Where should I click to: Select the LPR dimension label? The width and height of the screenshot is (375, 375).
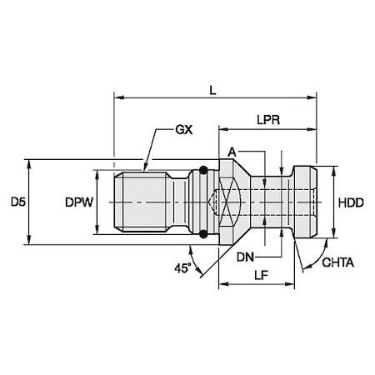267,120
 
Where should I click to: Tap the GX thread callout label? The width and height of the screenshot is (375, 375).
184,132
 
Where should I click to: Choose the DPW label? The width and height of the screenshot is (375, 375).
77,202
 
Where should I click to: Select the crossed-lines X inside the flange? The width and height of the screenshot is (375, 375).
218,202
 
